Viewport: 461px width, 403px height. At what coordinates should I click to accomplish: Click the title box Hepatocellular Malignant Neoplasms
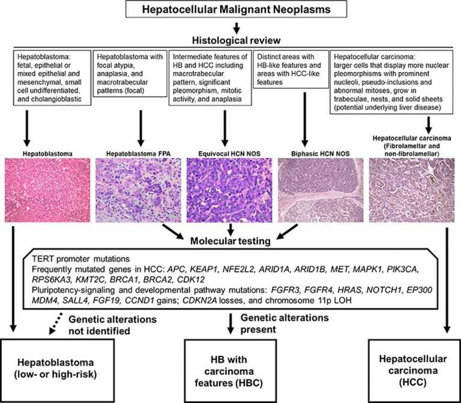click(231, 10)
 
